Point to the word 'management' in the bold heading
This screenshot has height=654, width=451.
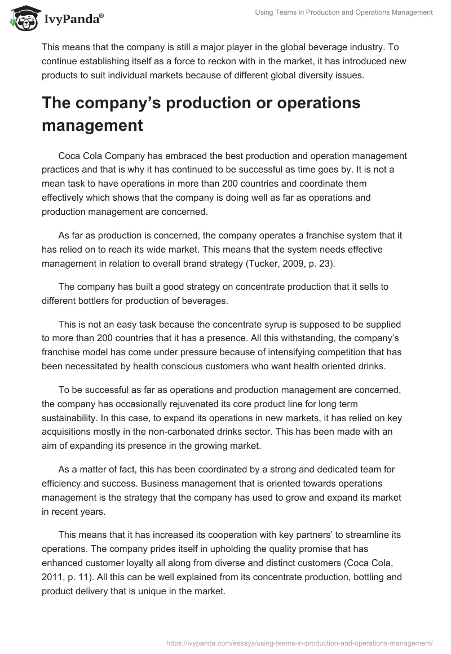coord(92,125)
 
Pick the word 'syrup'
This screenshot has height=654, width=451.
coord(275,325)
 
